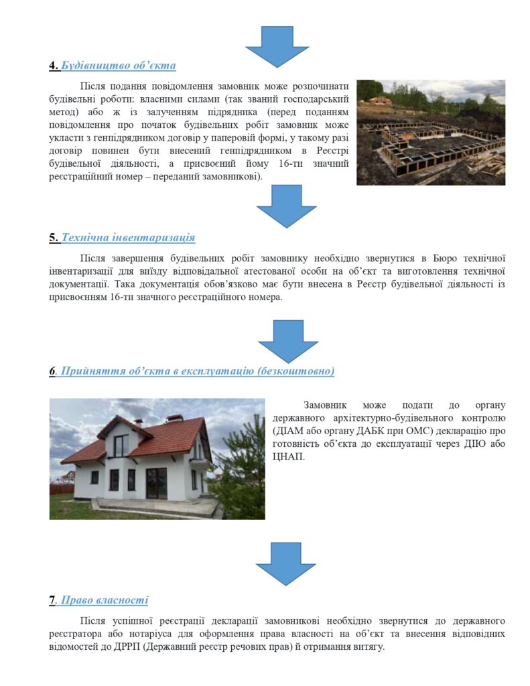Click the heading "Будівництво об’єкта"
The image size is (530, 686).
click(119, 66)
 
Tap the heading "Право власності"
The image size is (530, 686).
click(105, 600)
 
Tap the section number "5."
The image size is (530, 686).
click(54, 238)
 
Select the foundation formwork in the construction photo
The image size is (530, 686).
click(429, 147)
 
